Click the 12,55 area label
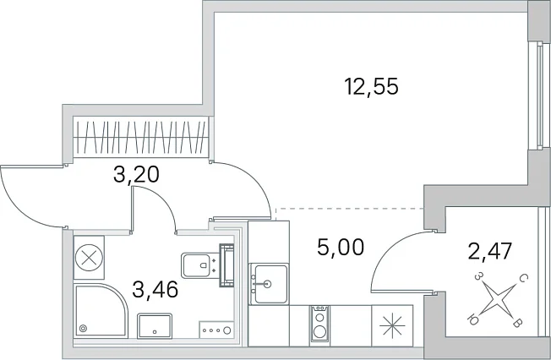(x=372, y=87)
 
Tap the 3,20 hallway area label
(x=136, y=174)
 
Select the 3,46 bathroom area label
(x=155, y=290)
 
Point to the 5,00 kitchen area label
(x=341, y=247)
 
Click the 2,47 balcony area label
(x=490, y=251)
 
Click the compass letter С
(x=523, y=279)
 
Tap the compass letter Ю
(x=472, y=319)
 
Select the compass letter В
(x=516, y=322)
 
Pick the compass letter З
(x=477, y=276)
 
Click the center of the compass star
(x=496, y=299)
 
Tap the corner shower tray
(x=100, y=310)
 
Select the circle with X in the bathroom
(x=89, y=258)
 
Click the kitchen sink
(x=269, y=284)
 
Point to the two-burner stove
(x=319, y=325)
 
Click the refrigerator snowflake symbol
(x=392, y=326)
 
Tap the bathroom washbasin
(x=155, y=326)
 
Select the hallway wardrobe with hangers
(x=141, y=137)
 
